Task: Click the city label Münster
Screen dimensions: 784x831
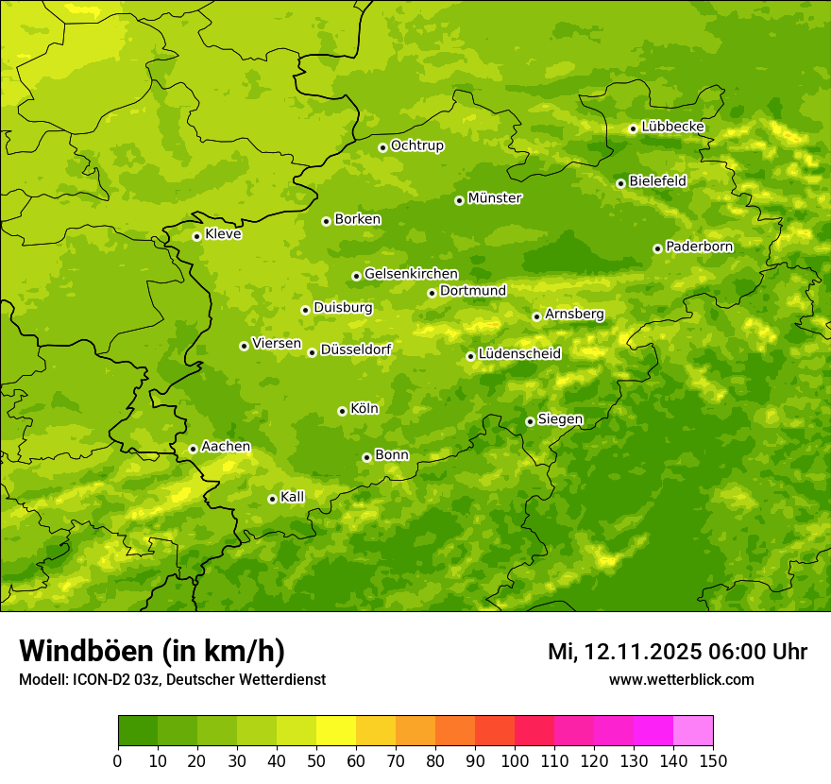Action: (x=495, y=198)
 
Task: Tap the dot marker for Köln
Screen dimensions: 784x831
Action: (x=342, y=411)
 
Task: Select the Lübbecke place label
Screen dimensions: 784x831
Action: (x=672, y=127)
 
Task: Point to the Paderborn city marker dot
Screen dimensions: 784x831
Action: (x=657, y=248)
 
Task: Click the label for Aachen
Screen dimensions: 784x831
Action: (x=226, y=447)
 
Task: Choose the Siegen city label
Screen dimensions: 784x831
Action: (x=560, y=419)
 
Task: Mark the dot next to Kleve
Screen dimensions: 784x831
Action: (x=196, y=236)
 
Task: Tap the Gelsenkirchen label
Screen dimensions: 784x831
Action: (x=411, y=274)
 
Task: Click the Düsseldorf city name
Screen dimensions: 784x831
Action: (x=356, y=349)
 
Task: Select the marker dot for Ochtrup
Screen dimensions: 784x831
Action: (x=382, y=147)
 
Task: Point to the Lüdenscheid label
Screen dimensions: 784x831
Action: (x=519, y=354)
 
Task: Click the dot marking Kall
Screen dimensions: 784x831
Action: (x=272, y=499)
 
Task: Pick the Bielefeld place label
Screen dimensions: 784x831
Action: (x=657, y=181)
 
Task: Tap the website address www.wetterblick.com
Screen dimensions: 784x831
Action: (x=681, y=679)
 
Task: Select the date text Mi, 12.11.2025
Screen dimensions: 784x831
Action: (x=624, y=652)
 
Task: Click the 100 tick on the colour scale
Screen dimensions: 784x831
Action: (x=515, y=759)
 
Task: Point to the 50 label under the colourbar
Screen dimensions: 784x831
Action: (x=316, y=759)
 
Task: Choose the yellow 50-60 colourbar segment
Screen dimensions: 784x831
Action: (x=336, y=730)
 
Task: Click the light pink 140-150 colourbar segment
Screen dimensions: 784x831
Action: (x=693, y=730)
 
